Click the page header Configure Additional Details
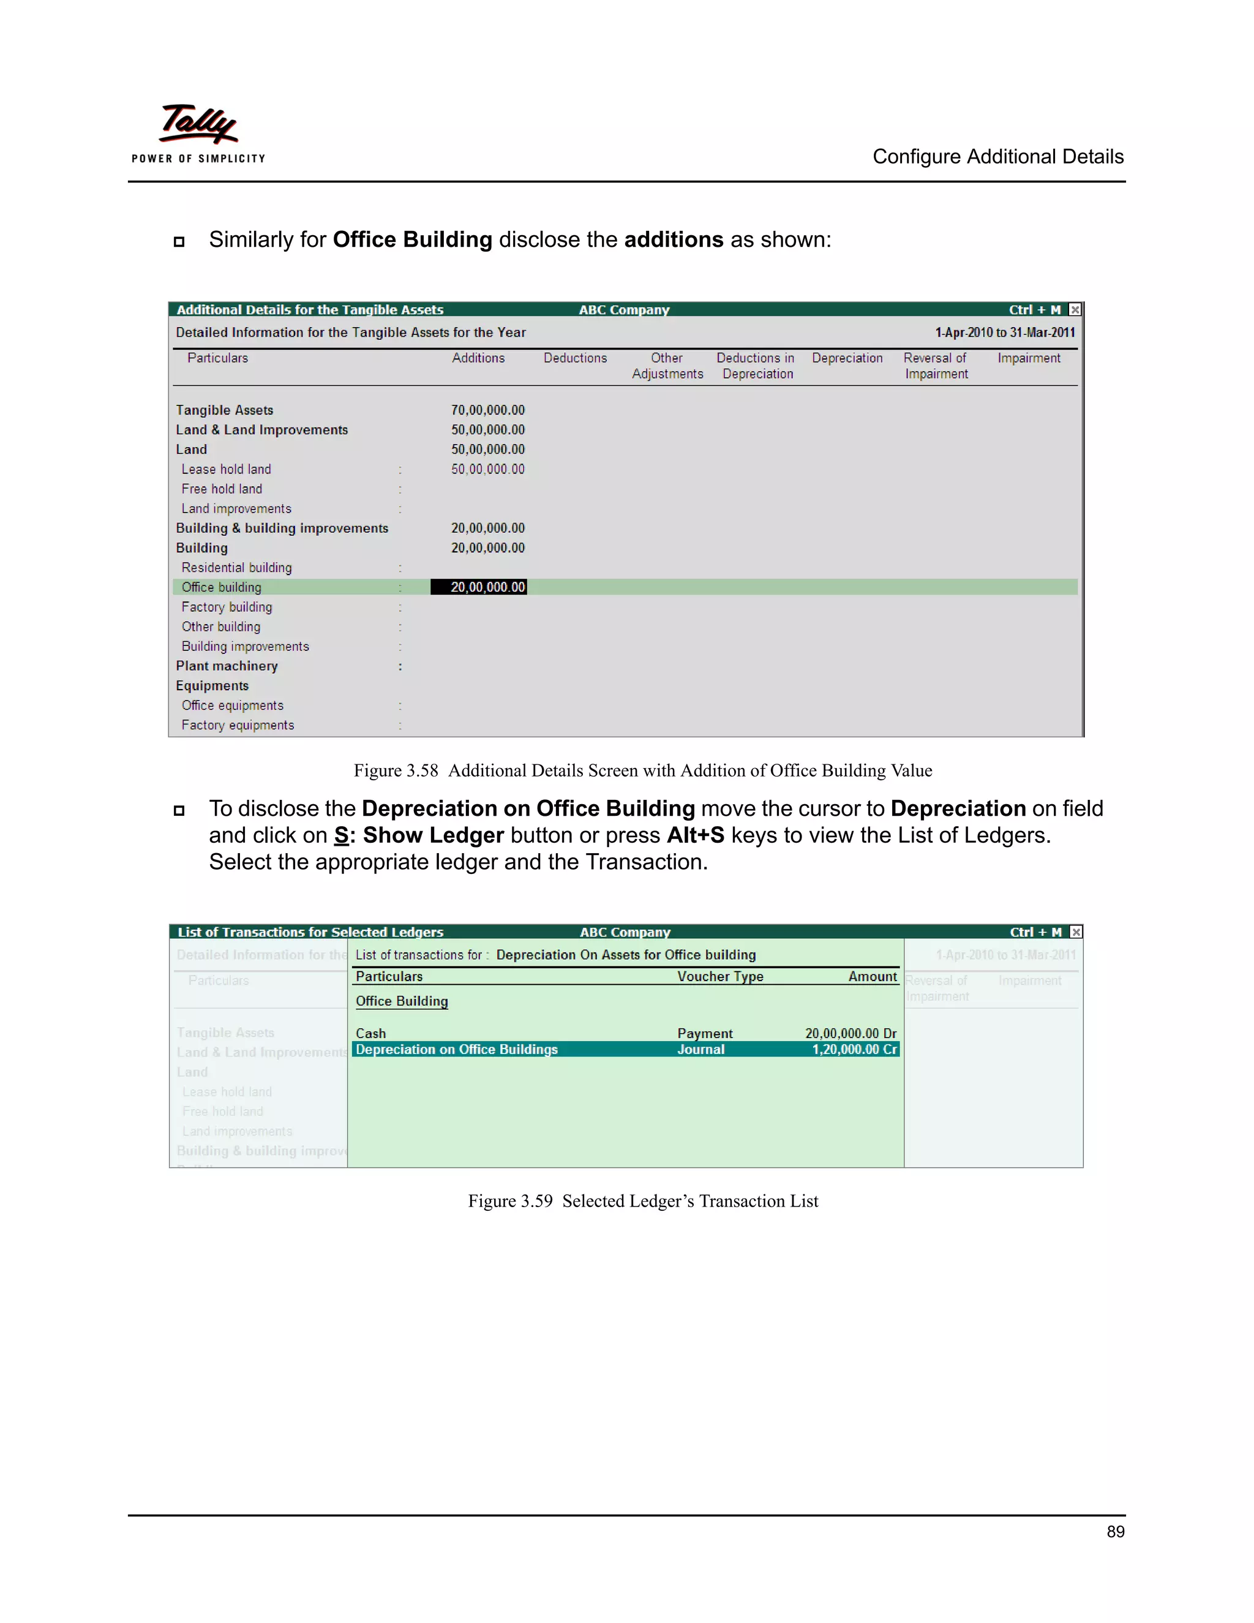pos(997,157)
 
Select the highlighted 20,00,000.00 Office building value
pos(479,587)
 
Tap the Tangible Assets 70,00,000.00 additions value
pos(487,410)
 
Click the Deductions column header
pos(575,358)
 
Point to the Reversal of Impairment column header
pos(936,366)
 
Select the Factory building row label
pos(227,607)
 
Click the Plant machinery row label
pos(227,666)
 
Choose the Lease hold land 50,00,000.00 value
pos(487,469)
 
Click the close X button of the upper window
pos(1075,310)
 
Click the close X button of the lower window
pos(1076,932)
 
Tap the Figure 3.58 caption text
pos(642,770)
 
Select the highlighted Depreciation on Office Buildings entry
pos(456,1049)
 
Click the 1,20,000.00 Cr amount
pos(854,1049)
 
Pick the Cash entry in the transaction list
pos(370,1033)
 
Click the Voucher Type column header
pos(720,976)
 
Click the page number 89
pos(1114,1532)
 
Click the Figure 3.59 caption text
pos(642,1201)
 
